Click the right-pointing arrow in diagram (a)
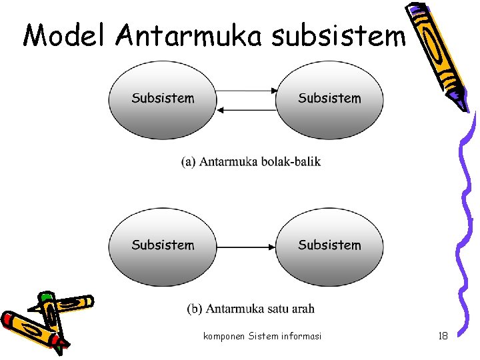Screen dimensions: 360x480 pos(246,90)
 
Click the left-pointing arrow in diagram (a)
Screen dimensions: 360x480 pos(246,109)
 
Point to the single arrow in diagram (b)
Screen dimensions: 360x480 pos(246,247)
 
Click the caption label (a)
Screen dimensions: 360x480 pos(189,162)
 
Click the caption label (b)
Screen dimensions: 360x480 pos(195,309)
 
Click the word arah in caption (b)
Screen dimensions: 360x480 pos(303,309)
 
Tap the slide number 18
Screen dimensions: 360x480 pos(443,336)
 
